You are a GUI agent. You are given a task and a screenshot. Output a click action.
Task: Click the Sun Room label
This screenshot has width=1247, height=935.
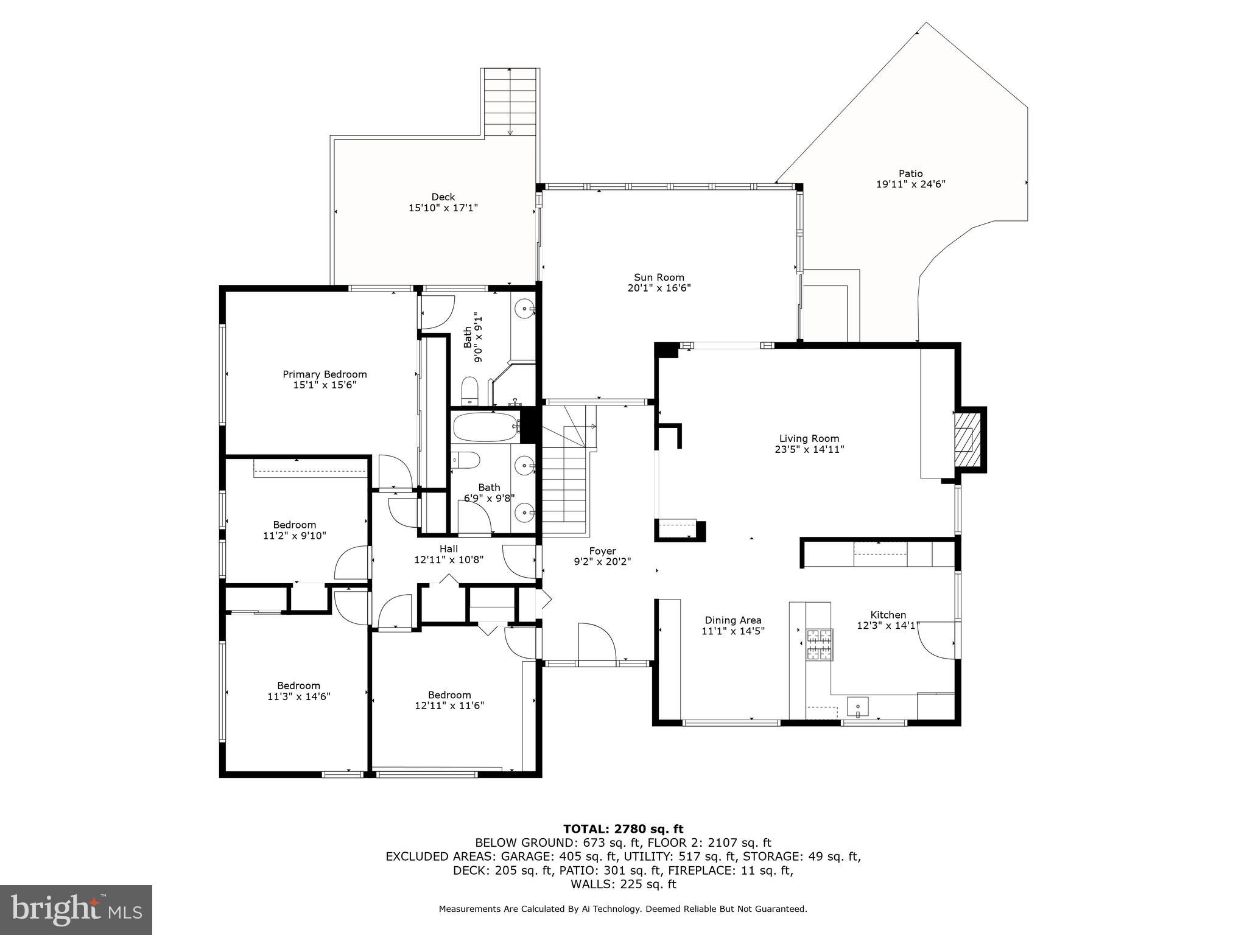(659, 278)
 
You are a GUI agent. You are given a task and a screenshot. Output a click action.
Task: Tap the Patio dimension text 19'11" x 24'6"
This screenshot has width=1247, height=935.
(910, 184)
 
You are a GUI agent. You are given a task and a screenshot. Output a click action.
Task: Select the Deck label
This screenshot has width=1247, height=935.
(443, 197)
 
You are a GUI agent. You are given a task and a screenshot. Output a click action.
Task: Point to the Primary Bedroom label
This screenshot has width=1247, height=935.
(325, 374)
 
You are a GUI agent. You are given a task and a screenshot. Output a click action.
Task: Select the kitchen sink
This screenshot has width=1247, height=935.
(859, 707)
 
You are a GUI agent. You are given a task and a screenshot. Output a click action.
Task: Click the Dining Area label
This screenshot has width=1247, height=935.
(733, 620)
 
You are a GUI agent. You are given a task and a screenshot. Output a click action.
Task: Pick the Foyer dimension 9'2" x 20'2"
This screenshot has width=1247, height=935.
(602, 562)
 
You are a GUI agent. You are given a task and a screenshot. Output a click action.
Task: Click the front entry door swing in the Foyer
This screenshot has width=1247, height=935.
(597, 642)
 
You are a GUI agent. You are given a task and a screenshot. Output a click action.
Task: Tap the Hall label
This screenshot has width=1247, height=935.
(449, 548)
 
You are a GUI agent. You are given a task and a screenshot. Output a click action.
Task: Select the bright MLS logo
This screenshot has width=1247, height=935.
(76, 909)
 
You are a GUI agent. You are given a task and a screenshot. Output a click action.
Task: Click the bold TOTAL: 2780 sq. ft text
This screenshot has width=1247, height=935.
(623, 828)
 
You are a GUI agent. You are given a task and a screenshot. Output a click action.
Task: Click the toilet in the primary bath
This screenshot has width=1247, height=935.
(469, 391)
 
